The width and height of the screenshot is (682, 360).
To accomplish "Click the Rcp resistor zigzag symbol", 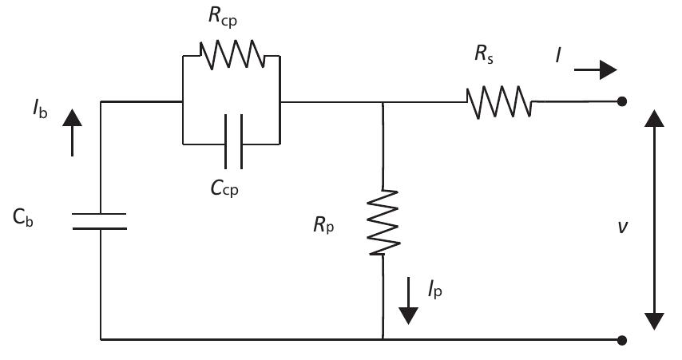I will pyautogui.click(x=232, y=56).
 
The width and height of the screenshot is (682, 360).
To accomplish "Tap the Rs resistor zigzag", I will pyautogui.click(x=499, y=101).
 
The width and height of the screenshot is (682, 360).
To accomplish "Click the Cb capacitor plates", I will pyautogui.click(x=101, y=221).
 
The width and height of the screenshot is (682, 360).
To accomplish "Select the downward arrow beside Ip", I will pyautogui.click(x=408, y=299).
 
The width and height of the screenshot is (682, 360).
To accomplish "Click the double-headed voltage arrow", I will pyautogui.click(x=654, y=220).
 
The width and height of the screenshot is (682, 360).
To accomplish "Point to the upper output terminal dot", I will pyautogui.click(x=622, y=101).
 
